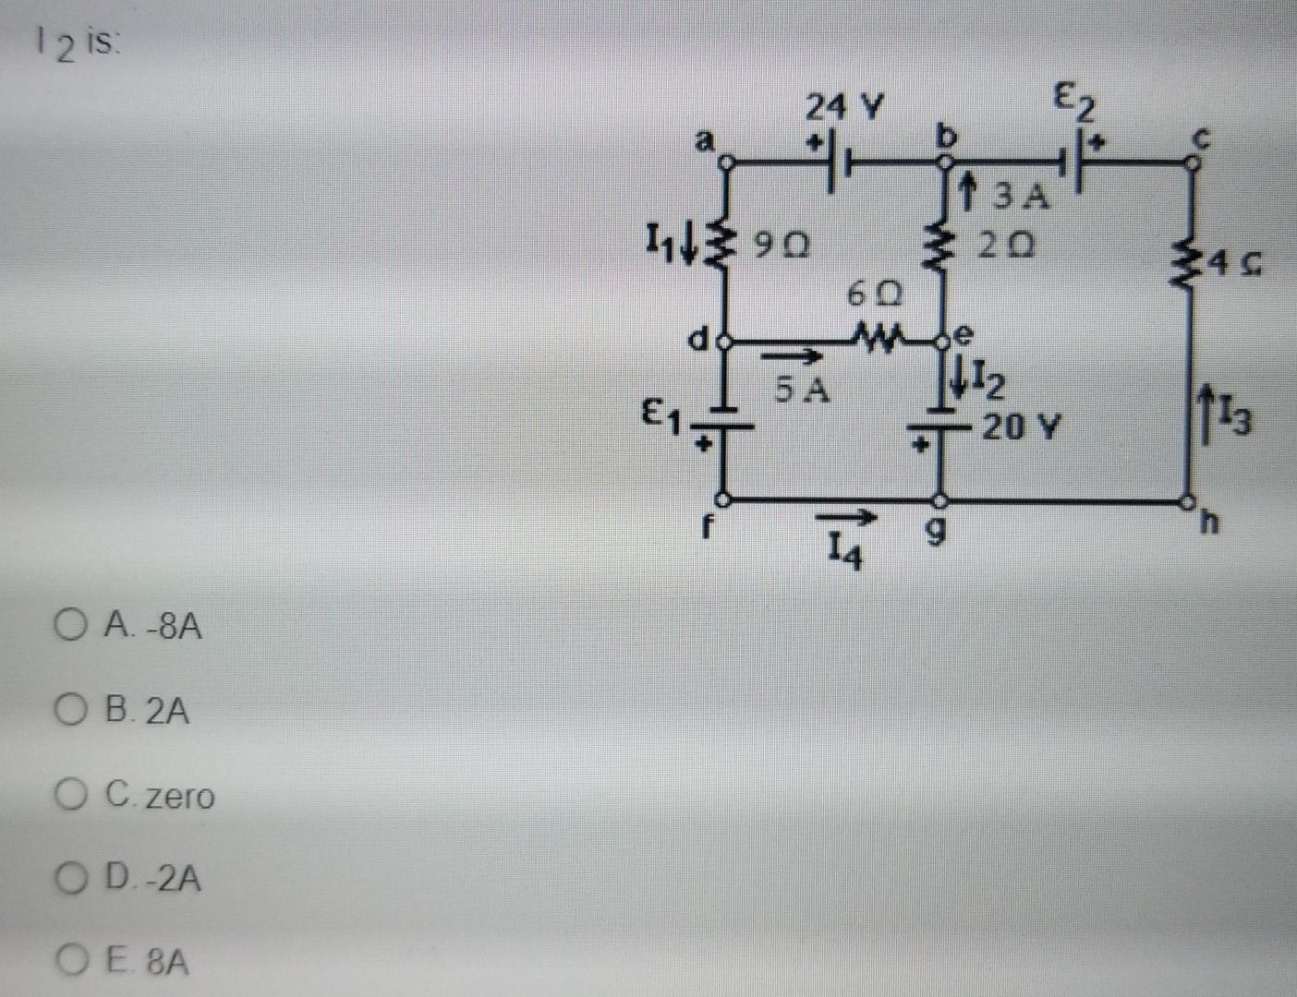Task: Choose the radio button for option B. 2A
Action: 68,711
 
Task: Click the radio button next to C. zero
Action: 68,795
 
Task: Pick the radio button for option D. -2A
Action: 68,878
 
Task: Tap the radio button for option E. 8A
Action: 68,962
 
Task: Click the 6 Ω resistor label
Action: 873,295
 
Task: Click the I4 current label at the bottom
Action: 843,553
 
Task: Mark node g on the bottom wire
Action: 939,502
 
